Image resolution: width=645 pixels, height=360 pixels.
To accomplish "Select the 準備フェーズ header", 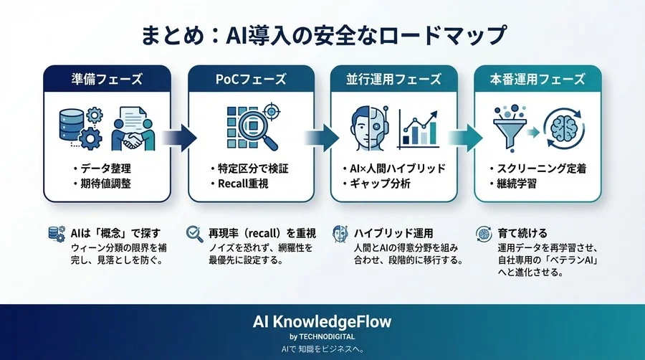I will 107,80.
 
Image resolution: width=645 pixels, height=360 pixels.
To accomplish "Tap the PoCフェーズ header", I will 251,80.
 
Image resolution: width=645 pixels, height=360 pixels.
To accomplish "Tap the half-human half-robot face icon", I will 370,127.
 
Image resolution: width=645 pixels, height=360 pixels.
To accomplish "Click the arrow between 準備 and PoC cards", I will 180,137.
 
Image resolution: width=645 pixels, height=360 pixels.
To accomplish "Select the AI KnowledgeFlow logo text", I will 322,321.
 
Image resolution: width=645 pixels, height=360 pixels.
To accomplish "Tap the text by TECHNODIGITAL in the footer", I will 322,336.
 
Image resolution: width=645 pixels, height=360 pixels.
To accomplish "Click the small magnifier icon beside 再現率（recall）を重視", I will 193,234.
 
